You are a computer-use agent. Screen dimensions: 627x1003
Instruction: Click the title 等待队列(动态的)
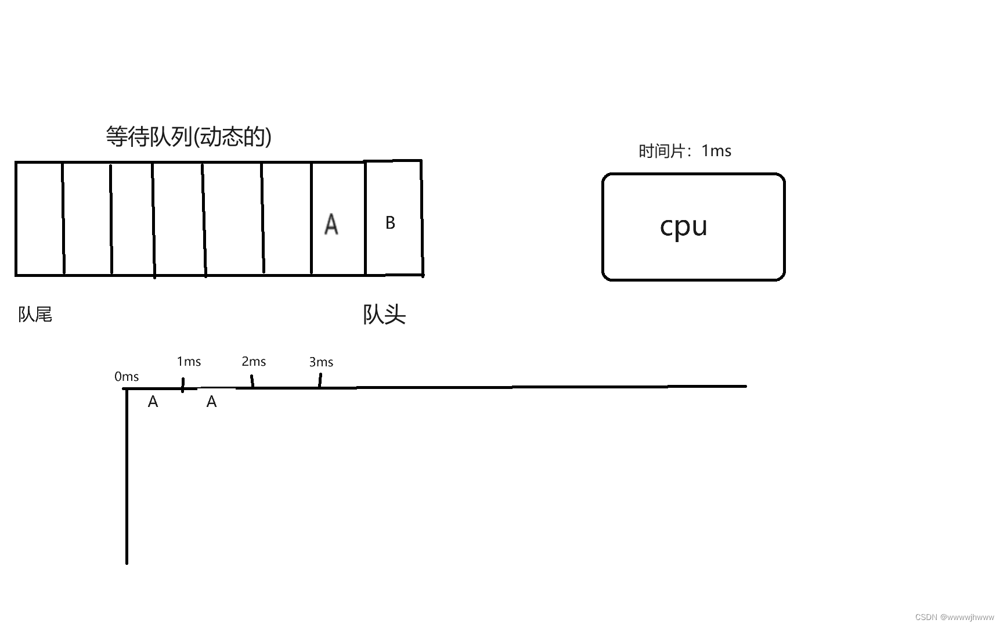[x=189, y=136]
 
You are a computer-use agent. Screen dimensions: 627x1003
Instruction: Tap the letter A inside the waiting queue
[x=331, y=224]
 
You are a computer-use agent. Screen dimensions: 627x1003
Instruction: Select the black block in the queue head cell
[x=392, y=233]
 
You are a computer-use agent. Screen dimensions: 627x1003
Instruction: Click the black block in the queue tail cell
[x=37, y=236]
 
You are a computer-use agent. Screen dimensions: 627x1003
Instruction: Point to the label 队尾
[x=35, y=315]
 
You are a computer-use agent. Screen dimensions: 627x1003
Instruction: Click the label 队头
[x=384, y=315]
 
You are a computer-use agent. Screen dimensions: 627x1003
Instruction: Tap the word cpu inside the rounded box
[x=684, y=226]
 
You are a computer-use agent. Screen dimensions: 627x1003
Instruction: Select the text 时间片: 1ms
[x=685, y=151]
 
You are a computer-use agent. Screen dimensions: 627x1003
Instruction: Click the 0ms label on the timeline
[x=127, y=377]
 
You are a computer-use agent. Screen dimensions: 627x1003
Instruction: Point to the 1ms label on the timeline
[x=189, y=362]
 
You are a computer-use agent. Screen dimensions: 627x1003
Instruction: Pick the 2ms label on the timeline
[x=254, y=362]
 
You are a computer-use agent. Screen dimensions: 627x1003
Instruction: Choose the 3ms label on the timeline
[x=321, y=362]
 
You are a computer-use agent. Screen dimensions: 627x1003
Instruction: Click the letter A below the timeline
[x=153, y=402]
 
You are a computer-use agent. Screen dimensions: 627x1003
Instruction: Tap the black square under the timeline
[x=217, y=408]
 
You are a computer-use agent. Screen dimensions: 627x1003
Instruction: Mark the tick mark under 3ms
[x=320, y=380]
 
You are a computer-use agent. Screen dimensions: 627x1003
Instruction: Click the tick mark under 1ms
[x=183, y=385]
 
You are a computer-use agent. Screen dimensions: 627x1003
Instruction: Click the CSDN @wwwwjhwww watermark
[x=954, y=617]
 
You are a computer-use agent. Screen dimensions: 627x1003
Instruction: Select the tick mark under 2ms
[x=252, y=381]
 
